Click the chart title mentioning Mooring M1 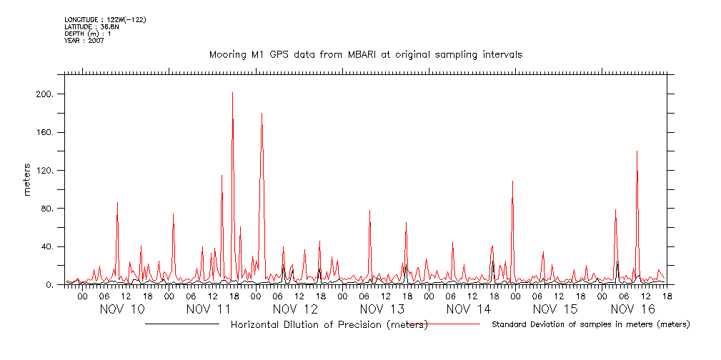tap(365, 54)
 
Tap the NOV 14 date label tap(469, 309)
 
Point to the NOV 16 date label tap(634, 309)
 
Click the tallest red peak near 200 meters tap(232, 94)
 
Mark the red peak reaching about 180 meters tap(262, 114)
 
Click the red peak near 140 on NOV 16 tap(636, 152)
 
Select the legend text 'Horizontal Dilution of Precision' tap(329, 325)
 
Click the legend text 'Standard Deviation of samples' tap(590, 325)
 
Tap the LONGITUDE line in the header tap(105, 19)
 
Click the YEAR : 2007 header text tap(84, 41)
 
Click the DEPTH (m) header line tap(87, 34)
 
